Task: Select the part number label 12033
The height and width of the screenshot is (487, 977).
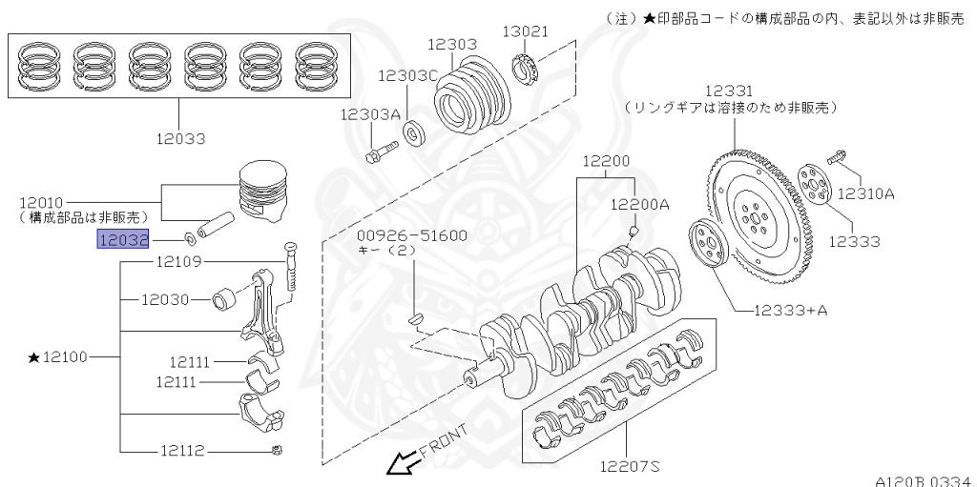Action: (x=181, y=138)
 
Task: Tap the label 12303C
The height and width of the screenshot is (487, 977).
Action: (x=407, y=75)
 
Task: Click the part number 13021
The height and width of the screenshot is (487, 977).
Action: (x=526, y=31)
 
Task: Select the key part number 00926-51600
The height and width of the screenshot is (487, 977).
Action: (x=412, y=235)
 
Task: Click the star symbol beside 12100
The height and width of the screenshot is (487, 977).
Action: (x=34, y=357)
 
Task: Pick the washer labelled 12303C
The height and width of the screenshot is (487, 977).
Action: (x=415, y=132)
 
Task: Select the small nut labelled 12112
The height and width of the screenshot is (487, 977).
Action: (x=276, y=450)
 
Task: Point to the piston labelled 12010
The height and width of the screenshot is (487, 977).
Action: (x=262, y=191)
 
